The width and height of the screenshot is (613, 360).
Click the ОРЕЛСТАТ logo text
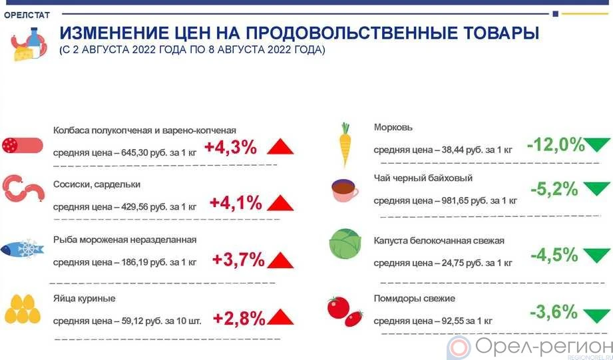tap(27, 15)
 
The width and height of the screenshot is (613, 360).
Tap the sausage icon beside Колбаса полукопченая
tap(22, 146)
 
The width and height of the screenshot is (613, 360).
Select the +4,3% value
tap(230, 148)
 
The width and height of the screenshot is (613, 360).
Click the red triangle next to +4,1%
tap(280, 203)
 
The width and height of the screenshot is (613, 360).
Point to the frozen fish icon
tap(22, 249)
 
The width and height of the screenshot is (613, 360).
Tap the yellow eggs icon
tap(23, 309)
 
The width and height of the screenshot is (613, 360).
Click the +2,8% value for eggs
tap(239, 319)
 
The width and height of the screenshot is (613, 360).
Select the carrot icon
tap(345, 144)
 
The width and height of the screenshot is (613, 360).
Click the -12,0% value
tap(556, 145)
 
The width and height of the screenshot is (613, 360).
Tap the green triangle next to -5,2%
tap(596, 189)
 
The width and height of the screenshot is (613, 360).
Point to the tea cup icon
tap(345, 190)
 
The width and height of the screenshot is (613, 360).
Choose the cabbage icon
tap(345, 244)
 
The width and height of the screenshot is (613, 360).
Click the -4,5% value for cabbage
tap(554, 255)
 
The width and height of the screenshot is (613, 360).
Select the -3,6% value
tap(554, 312)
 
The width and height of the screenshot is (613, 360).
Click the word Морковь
tap(393, 127)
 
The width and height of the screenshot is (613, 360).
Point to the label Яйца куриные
tap(84, 299)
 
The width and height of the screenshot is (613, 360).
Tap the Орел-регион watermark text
tap(544, 346)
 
